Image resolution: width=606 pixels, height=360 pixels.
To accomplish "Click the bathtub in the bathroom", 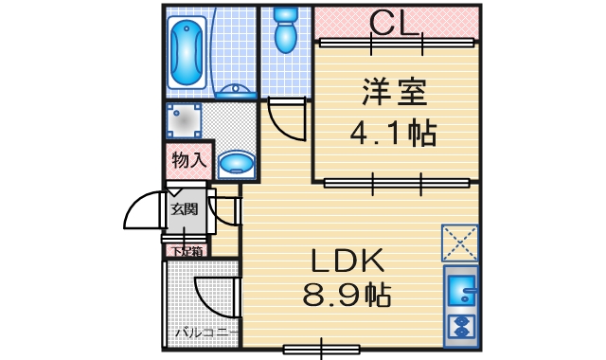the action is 187,52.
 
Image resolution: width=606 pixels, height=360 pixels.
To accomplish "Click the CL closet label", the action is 394,23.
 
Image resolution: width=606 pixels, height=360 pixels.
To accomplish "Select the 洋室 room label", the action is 394,92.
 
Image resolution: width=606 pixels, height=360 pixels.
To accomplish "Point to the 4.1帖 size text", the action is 394,133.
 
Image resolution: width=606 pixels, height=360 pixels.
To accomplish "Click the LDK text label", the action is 348,261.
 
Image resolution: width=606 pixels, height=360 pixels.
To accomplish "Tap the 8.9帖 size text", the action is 347,295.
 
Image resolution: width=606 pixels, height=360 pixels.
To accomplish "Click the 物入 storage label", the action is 189,160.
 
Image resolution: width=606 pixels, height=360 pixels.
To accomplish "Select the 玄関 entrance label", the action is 185,209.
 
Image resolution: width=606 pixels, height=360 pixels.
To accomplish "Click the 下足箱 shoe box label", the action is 187,251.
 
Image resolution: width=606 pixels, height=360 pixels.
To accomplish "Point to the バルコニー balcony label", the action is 206,333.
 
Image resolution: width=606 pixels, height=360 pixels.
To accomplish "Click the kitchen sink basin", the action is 461,289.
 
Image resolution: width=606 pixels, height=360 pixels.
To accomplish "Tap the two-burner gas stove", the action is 461,327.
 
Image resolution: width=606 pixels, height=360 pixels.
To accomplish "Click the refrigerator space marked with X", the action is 460,243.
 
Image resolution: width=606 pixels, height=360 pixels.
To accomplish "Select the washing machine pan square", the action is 184,120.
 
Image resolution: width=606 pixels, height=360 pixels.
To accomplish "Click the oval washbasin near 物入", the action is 236,164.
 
